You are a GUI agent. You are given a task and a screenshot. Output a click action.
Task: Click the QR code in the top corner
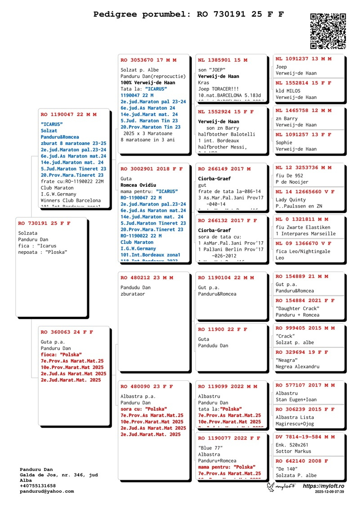click(x=328, y=31)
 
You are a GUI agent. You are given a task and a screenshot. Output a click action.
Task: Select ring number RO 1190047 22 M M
click(x=68, y=115)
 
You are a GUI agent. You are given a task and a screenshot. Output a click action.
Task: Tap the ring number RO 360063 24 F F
click(x=67, y=332)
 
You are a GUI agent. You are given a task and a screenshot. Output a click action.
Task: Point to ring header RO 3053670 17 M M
click(x=148, y=60)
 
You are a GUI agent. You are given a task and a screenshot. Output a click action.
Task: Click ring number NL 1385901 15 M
click(x=223, y=60)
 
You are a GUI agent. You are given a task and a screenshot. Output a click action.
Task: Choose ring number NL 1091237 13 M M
click(x=303, y=59)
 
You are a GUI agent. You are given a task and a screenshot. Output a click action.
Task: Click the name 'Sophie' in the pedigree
click(x=284, y=143)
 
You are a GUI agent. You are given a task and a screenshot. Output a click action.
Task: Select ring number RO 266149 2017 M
click(x=225, y=169)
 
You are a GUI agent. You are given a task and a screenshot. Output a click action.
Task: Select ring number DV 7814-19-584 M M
click(x=305, y=437)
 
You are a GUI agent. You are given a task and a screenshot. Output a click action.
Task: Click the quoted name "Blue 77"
click(x=211, y=448)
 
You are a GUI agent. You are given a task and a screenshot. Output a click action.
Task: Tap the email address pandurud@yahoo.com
click(x=47, y=491)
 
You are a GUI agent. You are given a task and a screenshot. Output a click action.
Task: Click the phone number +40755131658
click(x=38, y=486)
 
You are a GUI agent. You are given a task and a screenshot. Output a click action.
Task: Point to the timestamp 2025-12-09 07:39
click(x=329, y=492)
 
